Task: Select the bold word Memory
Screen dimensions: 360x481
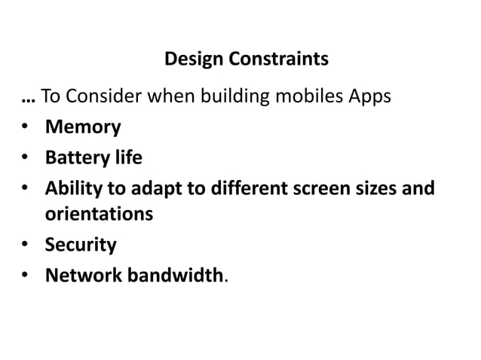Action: [x=82, y=127]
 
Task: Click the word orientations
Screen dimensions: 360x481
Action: [x=99, y=215]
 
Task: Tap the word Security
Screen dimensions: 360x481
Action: [x=81, y=245]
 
